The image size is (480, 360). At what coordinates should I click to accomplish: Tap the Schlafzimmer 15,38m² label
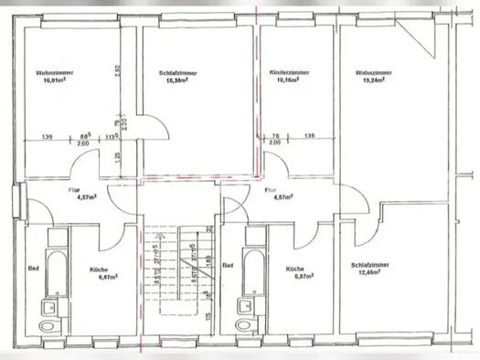(172, 76)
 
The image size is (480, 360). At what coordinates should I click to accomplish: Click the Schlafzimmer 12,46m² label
(371, 271)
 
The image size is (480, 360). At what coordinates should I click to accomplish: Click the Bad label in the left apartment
(33, 268)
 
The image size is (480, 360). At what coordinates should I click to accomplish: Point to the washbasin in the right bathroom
(248, 302)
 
